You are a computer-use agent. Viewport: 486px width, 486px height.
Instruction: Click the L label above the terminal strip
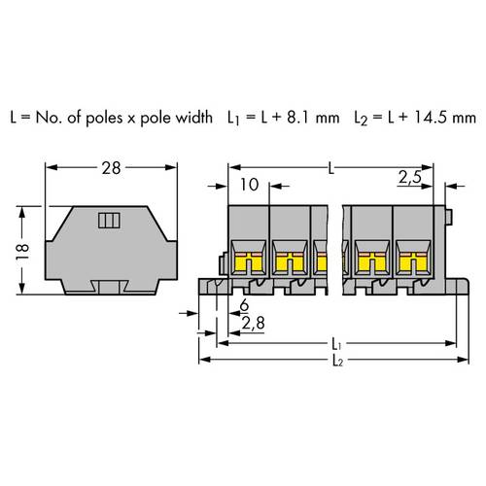pyautogui.click(x=332, y=169)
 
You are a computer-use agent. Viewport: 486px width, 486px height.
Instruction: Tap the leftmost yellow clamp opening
pyautogui.click(x=249, y=260)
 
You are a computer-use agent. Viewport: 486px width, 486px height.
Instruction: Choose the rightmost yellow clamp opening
pyautogui.click(x=412, y=260)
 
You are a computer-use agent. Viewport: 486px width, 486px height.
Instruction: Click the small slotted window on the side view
pyautogui.click(x=106, y=220)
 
